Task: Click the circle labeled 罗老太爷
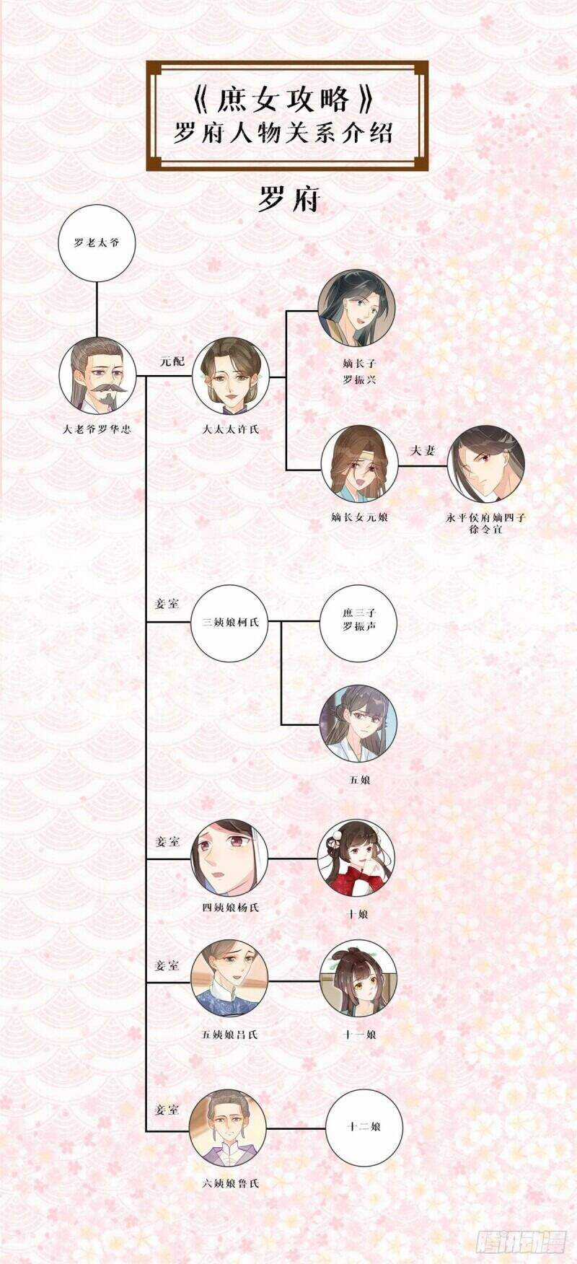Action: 96,242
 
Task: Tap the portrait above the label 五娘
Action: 359,724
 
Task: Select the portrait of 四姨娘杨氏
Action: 229,858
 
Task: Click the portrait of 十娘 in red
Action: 357,859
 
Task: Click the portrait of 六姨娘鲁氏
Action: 228,1127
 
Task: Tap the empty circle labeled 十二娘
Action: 364,1127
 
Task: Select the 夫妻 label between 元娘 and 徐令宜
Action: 423,451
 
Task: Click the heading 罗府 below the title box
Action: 288,200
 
